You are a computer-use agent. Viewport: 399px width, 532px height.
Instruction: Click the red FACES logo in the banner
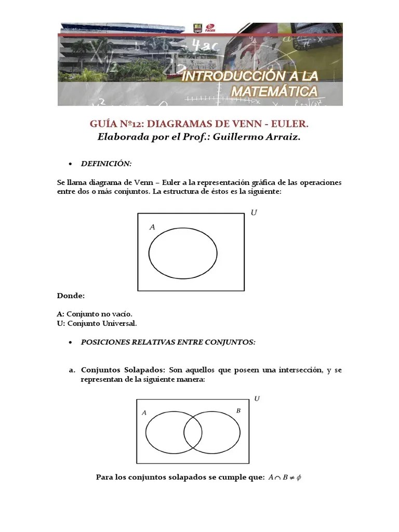pos(211,28)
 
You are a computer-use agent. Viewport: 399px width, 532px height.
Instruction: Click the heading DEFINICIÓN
pos(106,164)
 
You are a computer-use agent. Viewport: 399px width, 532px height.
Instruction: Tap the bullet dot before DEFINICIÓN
pos(71,164)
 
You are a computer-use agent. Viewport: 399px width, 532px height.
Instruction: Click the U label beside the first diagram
pos(254,213)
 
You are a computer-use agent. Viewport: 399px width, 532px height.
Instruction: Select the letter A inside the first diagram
pos(152,227)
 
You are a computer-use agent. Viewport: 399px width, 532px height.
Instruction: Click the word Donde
pos(71,296)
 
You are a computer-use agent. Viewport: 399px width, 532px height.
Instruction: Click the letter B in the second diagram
pos(238,411)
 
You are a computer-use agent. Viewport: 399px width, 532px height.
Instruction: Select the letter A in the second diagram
pos(144,413)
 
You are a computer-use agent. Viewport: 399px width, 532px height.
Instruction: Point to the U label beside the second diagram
pos(257,398)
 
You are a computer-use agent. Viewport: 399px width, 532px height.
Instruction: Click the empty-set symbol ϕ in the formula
pos(299,477)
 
